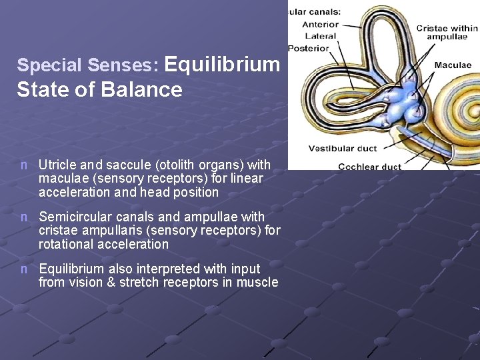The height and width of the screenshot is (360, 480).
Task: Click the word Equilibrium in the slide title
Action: [x=221, y=65]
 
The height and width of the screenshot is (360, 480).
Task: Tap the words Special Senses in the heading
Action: [x=87, y=65]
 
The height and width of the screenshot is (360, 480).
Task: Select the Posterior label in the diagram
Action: [x=309, y=48]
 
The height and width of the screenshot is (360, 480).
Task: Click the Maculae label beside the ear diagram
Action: [x=453, y=65]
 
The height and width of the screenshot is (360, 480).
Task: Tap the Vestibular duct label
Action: [x=342, y=149]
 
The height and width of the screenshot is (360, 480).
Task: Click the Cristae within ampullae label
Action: [x=447, y=33]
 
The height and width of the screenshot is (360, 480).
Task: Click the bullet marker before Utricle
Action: [x=24, y=165]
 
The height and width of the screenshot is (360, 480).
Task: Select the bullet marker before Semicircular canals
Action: [x=24, y=217]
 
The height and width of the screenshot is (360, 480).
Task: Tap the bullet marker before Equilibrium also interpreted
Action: [x=24, y=269]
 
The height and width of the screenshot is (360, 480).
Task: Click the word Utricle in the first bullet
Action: [x=57, y=165]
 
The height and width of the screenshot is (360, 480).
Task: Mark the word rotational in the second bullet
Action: [x=66, y=244]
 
